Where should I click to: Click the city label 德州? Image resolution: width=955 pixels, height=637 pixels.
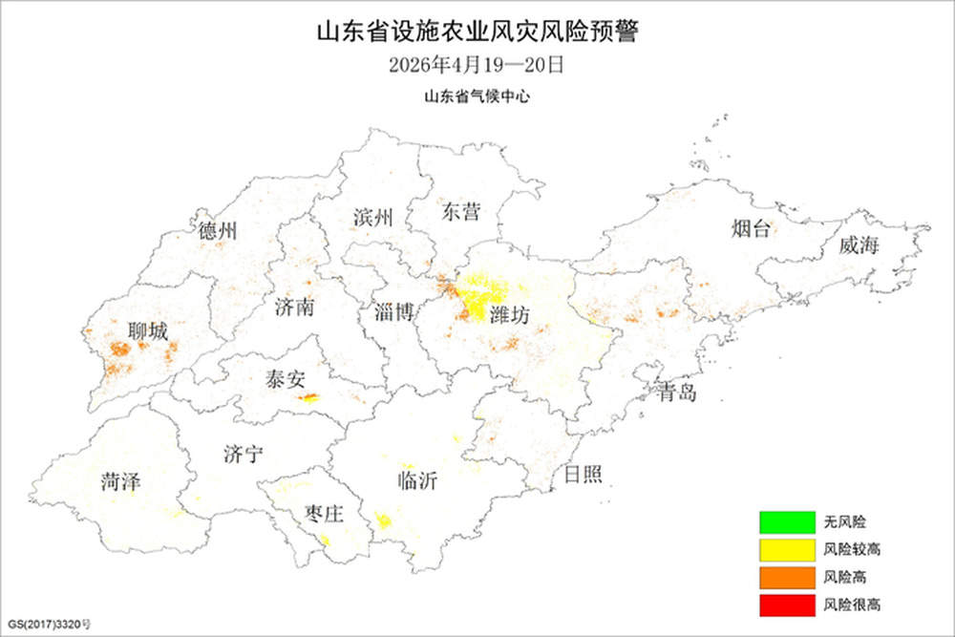coord(219,231)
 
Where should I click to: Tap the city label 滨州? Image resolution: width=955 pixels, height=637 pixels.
coord(372,217)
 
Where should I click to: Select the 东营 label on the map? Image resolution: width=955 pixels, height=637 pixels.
coord(460,213)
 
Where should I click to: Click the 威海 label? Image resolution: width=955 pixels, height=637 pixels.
coord(858,245)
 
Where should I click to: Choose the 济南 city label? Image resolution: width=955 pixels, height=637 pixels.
coord(293,308)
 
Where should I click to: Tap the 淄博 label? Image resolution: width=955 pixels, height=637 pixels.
coord(394,311)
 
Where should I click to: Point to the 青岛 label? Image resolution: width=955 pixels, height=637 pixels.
coord(677,391)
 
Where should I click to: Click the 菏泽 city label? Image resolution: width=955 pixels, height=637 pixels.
coord(121,482)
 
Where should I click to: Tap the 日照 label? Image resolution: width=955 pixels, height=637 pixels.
coord(583,474)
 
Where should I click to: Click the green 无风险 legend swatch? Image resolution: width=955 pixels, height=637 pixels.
coord(786,523)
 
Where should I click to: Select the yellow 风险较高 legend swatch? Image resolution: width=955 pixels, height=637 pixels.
coord(786,550)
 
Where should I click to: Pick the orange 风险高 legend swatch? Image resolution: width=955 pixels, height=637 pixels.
coord(786,577)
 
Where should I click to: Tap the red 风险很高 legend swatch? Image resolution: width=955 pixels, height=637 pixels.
coord(786,604)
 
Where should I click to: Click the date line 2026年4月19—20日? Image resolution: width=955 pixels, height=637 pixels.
coord(477,66)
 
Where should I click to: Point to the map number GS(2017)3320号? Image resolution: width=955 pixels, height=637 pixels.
coord(50,625)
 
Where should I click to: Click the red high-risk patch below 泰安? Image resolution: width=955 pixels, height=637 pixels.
coord(308,398)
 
